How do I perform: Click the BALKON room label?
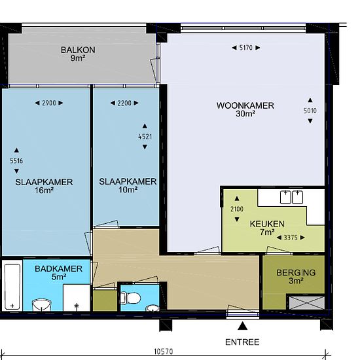pyautogui.click(x=78, y=50)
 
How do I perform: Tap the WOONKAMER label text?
pyautogui.click(x=245, y=105)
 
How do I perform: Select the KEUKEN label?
pyautogui.click(x=267, y=224)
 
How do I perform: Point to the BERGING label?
pyautogui.click(x=296, y=273)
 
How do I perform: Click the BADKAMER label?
pyautogui.click(x=58, y=269)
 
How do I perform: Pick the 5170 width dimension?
pyautogui.click(x=246, y=48)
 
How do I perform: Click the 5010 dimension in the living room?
pyautogui.click(x=310, y=111)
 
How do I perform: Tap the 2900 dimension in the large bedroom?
pyautogui.click(x=49, y=103)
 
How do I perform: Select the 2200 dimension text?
pyautogui.click(x=124, y=103)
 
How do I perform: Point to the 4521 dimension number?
pyautogui.click(x=145, y=137)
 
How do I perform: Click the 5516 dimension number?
pyautogui.click(x=16, y=161)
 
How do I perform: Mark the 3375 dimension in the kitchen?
pyautogui.click(x=291, y=238)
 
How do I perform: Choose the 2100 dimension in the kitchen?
pyautogui.click(x=237, y=209)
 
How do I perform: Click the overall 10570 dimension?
pyautogui.click(x=164, y=351)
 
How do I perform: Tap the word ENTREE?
pyautogui.click(x=242, y=342)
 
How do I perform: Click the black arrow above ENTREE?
pyautogui.click(x=242, y=326)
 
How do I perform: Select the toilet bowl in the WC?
pyautogui.click(x=130, y=298)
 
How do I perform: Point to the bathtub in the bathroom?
pyautogui.click(x=12, y=287)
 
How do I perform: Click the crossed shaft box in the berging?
pyautogui.click(x=307, y=302)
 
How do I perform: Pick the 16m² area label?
pyautogui.click(x=44, y=190)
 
